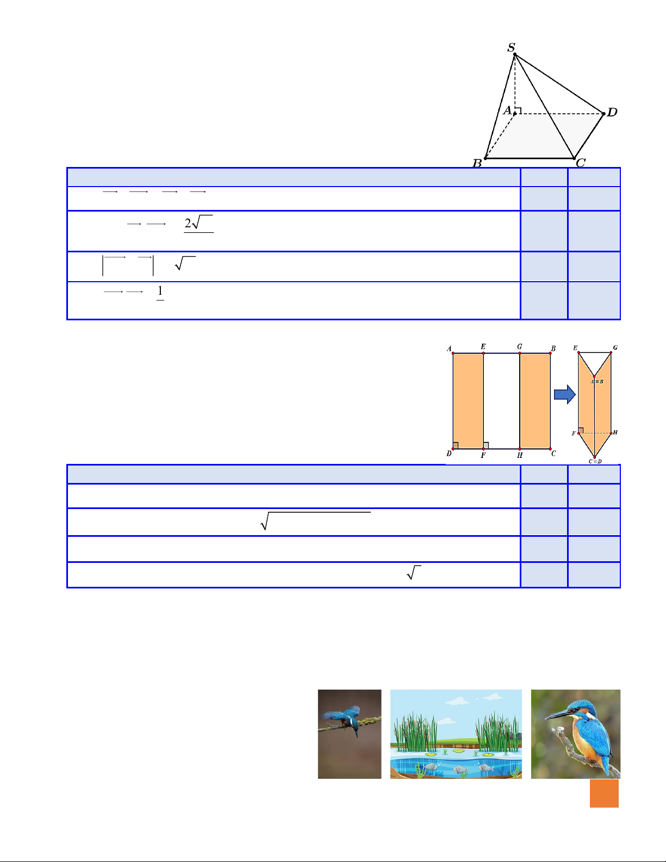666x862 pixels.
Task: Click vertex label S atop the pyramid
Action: [x=512, y=48]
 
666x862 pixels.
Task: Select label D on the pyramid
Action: [x=612, y=112]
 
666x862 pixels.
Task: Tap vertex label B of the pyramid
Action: [x=477, y=163]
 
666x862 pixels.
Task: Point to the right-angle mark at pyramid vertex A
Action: [x=518, y=110]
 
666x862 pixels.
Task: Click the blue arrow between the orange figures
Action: [x=564, y=394]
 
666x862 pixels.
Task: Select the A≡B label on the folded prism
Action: [x=597, y=382]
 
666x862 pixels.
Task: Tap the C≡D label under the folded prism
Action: [x=595, y=461]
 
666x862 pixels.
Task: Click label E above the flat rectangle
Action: [x=483, y=347]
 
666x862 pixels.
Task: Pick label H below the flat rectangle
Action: [x=520, y=455]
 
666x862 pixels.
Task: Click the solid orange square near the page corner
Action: [x=604, y=793]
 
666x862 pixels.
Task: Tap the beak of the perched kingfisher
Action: [x=557, y=715]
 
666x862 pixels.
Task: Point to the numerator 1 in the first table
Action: [x=160, y=291]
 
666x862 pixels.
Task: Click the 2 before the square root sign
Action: [x=188, y=224]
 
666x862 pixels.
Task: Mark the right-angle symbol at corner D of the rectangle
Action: [x=456, y=445]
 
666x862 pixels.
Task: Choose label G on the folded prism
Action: [x=615, y=348]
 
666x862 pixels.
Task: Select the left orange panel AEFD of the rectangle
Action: [x=468, y=401]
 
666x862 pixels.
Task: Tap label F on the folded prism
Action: [x=574, y=433]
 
